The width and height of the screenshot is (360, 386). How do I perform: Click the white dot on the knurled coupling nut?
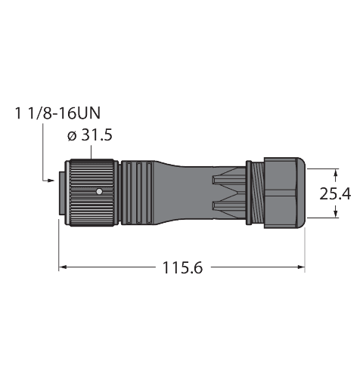click(98, 193)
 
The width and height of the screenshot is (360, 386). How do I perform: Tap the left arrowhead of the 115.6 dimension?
click(63, 267)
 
